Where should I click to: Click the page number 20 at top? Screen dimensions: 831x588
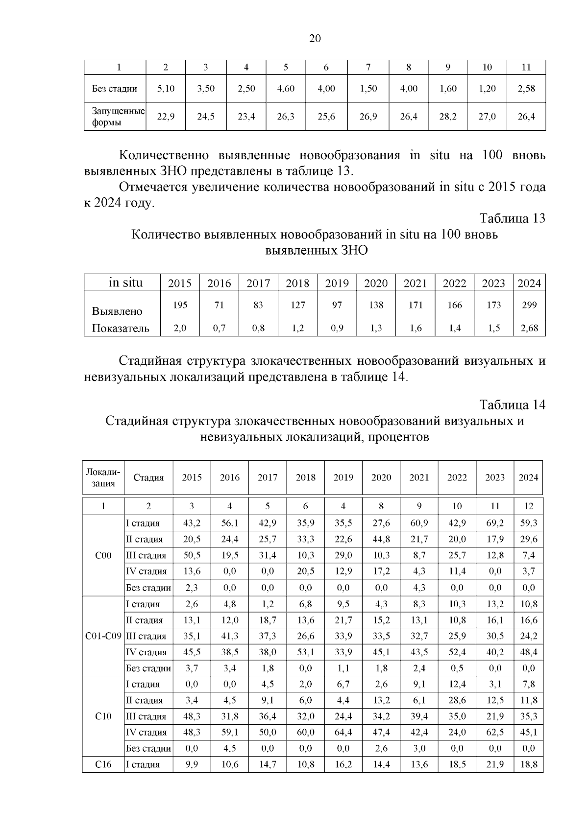pos(315,39)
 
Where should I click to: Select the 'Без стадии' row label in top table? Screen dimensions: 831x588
pos(114,89)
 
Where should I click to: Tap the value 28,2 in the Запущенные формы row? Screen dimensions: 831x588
pos(447,117)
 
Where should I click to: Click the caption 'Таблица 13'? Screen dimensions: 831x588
pos(512,218)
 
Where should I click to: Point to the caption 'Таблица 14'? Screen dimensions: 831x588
pos(512,405)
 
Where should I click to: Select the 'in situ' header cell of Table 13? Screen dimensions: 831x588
pos(126,283)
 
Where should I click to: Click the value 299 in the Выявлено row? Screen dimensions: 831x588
pos(529,305)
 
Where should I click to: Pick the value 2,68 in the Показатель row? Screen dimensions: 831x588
pos(529,328)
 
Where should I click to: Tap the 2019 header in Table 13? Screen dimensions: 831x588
pos(337,283)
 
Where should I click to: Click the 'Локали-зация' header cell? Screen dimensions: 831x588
pos(103,477)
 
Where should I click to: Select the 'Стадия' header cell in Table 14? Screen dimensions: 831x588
pos(148,477)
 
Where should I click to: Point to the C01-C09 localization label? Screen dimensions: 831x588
pos(103,636)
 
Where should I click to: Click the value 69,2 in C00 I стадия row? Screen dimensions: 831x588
pos(495,523)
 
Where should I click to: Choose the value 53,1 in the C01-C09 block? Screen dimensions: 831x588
pos(305,652)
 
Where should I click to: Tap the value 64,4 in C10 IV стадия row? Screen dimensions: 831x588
pos(343,733)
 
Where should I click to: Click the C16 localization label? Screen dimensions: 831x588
pos(103,764)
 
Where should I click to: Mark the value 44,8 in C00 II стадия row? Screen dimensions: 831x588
pos(381,539)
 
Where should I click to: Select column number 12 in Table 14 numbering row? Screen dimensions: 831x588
pos(528,506)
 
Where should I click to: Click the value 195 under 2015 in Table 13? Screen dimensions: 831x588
pos(180,305)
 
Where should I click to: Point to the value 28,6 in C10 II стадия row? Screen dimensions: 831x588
pos(457,700)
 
